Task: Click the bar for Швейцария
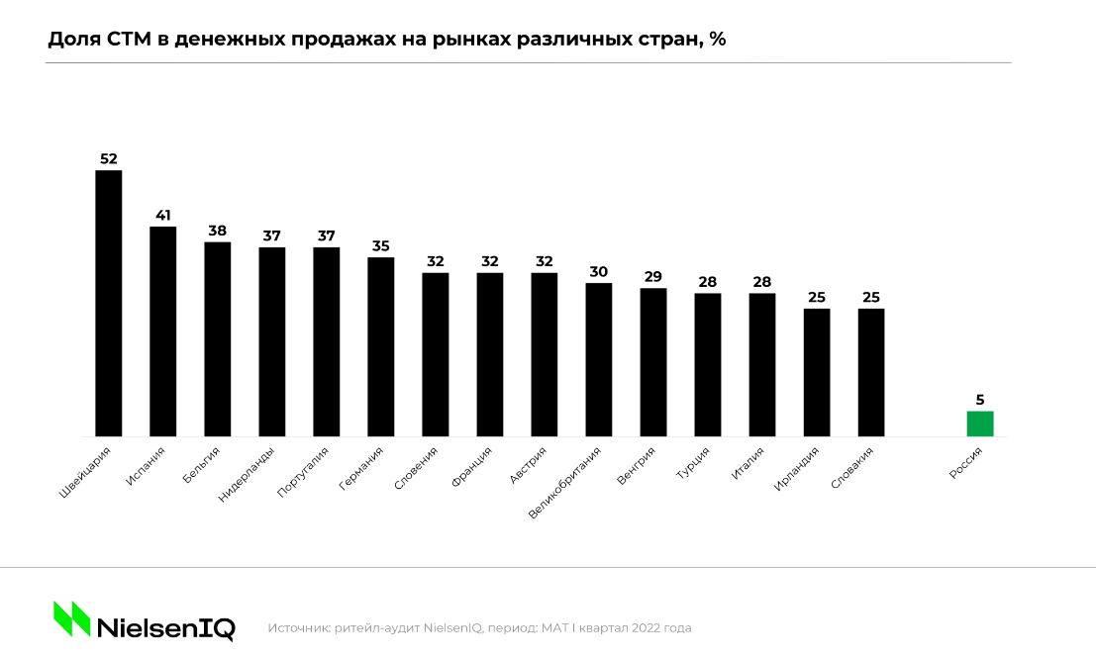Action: (x=108, y=303)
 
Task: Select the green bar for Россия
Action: (x=979, y=424)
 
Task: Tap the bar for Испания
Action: (x=162, y=331)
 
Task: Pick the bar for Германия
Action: (x=381, y=346)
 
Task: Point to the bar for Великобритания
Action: (x=599, y=359)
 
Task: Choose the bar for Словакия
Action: (x=871, y=372)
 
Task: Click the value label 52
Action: (x=108, y=158)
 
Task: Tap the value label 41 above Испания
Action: (x=162, y=215)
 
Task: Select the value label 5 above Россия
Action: (x=979, y=400)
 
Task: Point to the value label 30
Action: (x=599, y=271)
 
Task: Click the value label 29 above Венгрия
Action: (x=653, y=276)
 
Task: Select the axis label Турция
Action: (x=692, y=464)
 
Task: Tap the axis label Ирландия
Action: (x=798, y=468)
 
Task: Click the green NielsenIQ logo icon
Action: (x=71, y=619)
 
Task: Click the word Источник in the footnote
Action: (x=298, y=627)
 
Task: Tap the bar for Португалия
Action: (x=327, y=341)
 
